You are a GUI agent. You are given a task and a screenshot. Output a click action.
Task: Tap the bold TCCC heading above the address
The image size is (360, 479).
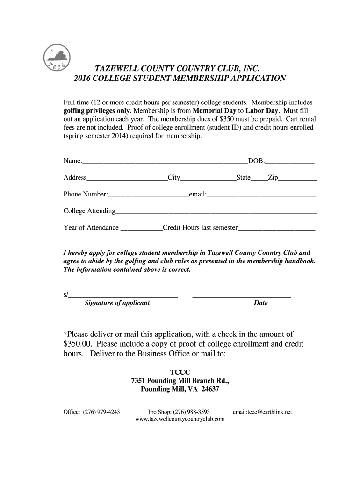point(180,372)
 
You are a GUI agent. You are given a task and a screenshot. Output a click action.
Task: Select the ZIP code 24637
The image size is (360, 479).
point(210,389)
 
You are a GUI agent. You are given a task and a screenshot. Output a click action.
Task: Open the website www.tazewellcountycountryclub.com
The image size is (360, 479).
point(180,419)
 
